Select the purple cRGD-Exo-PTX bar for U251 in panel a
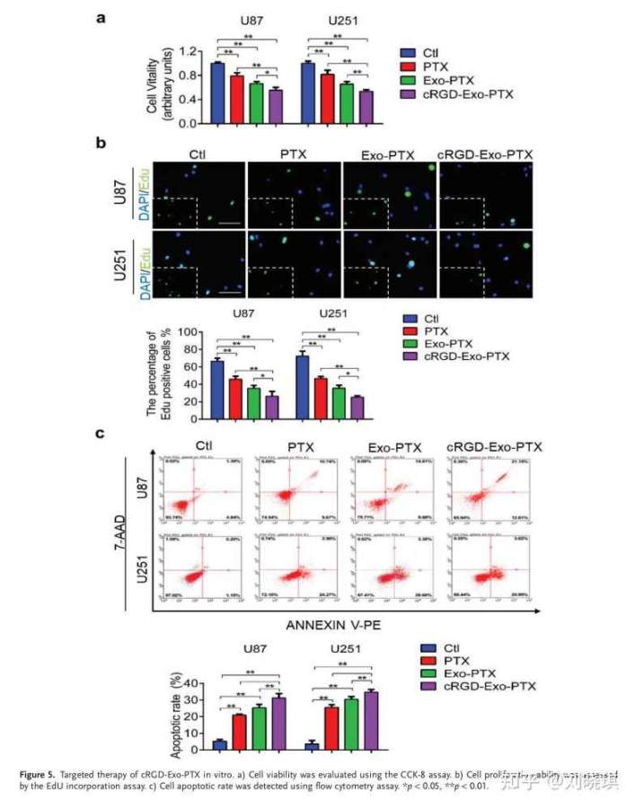click(366, 107)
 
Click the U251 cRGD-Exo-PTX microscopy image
click(486, 265)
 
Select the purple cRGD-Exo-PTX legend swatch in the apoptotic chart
click(429, 687)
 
